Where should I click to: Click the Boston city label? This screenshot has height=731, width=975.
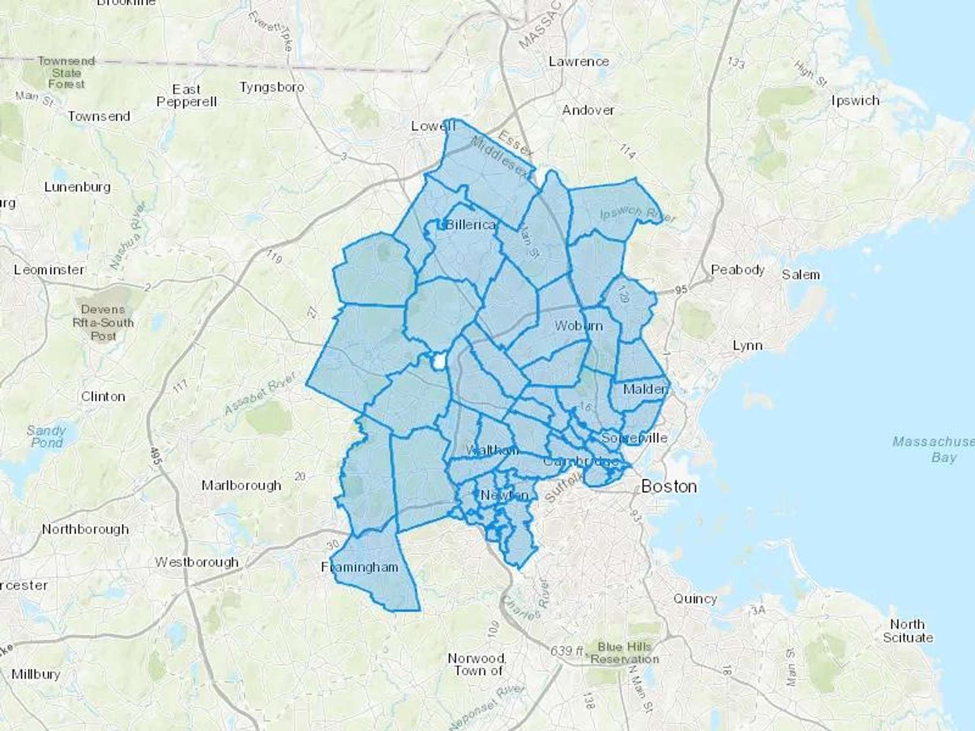tap(669, 486)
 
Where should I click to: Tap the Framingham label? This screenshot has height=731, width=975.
tap(360, 567)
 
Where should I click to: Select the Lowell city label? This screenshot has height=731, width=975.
tap(433, 126)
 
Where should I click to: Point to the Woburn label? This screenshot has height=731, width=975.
tap(578, 326)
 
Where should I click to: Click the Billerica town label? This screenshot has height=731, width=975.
tap(470, 225)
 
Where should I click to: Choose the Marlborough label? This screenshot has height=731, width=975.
tap(241, 485)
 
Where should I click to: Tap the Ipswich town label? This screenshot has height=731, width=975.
tap(855, 101)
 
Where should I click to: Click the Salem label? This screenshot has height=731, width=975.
tap(801, 275)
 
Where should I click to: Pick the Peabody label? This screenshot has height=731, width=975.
tap(738, 270)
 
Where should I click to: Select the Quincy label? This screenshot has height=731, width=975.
tap(695, 599)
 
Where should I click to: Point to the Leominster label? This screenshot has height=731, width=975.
tap(49, 270)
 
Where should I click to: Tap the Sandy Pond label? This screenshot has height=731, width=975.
tap(46, 436)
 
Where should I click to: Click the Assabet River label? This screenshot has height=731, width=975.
tap(261, 394)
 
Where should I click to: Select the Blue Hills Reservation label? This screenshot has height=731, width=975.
tap(625, 653)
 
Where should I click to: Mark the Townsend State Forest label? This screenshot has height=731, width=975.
tap(66, 73)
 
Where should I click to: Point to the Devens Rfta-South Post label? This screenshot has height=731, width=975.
tap(103, 323)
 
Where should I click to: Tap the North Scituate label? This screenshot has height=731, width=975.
tap(908, 631)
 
